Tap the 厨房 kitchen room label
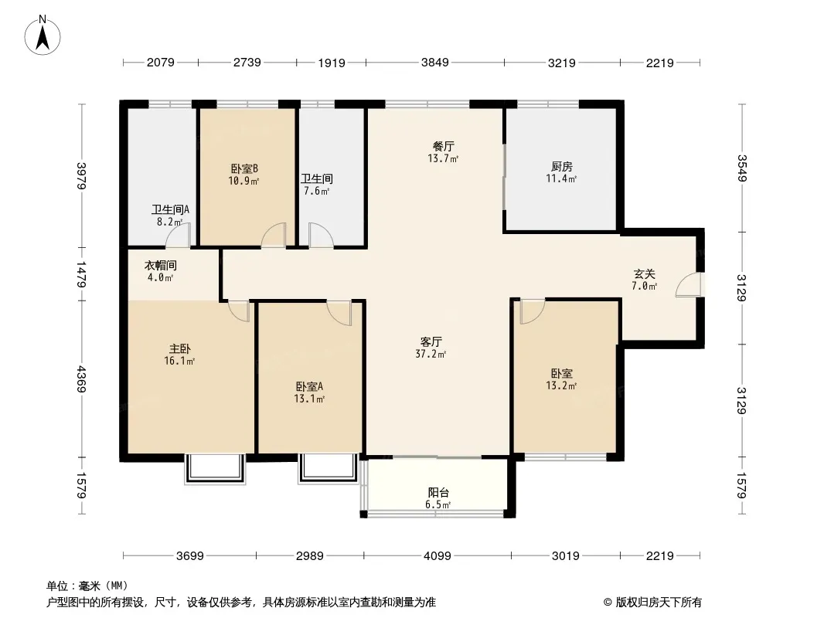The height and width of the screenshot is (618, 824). (x=561, y=166)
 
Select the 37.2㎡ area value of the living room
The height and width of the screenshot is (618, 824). (x=431, y=354)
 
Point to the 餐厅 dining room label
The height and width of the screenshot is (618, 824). (x=444, y=146)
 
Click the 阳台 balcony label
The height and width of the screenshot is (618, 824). (x=438, y=493)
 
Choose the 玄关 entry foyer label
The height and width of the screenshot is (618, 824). (x=644, y=273)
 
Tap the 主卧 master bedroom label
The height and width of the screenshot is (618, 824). (x=180, y=348)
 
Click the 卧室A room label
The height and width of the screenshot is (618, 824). (x=309, y=386)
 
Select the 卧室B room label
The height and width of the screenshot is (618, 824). (x=243, y=168)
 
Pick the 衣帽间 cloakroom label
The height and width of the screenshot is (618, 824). (x=160, y=265)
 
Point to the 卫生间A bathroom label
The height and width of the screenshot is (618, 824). (x=170, y=209)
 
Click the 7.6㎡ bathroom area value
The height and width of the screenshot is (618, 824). (x=316, y=191)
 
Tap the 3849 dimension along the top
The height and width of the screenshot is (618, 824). (x=434, y=63)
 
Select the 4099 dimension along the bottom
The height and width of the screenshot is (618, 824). (x=438, y=555)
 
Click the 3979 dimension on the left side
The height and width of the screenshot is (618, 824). (x=81, y=176)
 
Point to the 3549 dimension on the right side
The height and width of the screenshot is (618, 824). (x=741, y=168)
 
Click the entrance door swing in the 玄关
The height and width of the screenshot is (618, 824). (x=689, y=285)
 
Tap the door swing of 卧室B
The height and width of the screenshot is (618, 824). (x=274, y=235)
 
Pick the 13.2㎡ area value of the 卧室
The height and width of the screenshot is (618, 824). (x=561, y=385)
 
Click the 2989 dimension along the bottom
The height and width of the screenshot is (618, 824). (x=309, y=555)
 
